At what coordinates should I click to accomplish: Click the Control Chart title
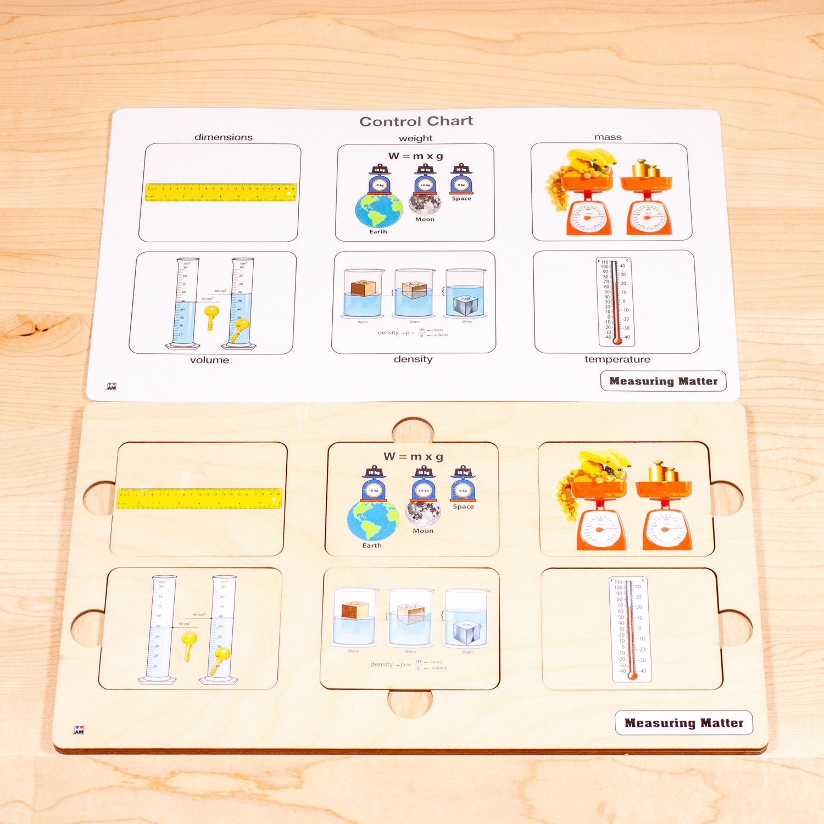click(416, 121)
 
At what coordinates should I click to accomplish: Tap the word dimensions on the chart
click(223, 137)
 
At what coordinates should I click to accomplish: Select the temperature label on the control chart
click(617, 359)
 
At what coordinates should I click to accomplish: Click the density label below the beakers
click(413, 359)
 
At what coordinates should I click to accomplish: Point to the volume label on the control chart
click(209, 360)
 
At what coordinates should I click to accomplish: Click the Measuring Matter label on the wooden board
click(683, 723)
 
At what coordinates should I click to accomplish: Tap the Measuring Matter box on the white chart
click(663, 381)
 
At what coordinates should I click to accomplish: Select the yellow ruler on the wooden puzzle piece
click(199, 498)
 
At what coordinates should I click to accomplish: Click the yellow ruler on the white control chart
click(221, 192)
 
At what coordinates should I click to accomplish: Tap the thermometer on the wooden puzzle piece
click(631, 629)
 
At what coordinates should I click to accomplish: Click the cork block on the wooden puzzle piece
click(354, 610)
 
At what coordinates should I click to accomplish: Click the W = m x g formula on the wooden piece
click(413, 456)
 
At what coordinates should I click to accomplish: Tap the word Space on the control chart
click(461, 199)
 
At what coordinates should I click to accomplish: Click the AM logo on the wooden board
click(79, 730)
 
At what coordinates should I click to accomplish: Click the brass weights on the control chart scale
click(647, 169)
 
